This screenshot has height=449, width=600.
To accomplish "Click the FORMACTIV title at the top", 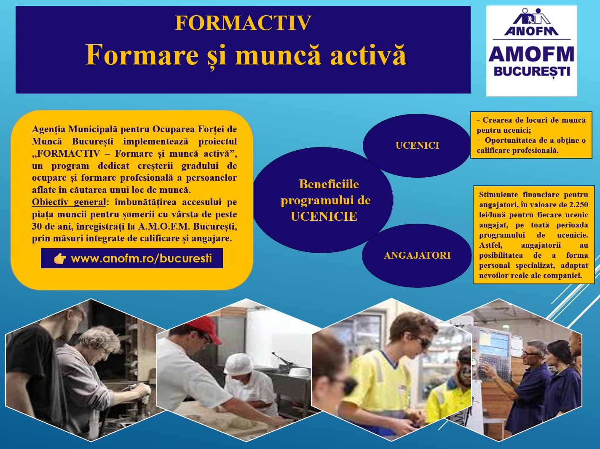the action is [243, 23].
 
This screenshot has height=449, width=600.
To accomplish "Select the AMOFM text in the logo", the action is [531, 54].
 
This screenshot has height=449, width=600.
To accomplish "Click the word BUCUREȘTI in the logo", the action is [532, 72].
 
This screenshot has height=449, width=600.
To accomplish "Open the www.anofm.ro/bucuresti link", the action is [141, 258].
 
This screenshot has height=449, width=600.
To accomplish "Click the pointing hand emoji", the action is [60, 259].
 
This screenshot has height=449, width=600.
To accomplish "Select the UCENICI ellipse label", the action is [417, 145].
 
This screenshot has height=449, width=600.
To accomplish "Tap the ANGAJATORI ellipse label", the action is [417, 255].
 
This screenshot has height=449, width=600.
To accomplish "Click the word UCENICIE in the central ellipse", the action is [324, 216].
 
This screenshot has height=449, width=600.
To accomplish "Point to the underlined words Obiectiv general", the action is [69, 202].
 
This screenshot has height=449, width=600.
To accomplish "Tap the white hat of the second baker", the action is [238, 363].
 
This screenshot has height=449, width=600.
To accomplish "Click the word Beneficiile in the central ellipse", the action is [329, 184].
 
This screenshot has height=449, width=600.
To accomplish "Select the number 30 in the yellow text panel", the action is [37, 227].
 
